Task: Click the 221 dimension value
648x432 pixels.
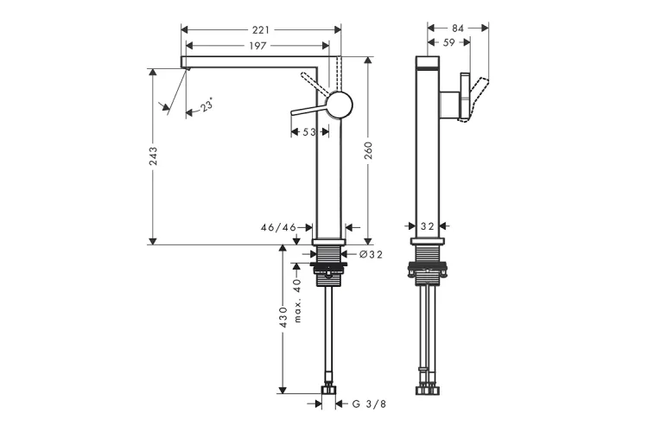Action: point(260,29)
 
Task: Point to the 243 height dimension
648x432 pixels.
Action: point(153,156)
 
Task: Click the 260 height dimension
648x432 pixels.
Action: point(369,151)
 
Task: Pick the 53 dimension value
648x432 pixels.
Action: point(308,132)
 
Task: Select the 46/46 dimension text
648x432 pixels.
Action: point(278,228)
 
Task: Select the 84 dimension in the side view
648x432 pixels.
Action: point(458,28)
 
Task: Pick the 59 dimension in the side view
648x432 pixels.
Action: point(448,41)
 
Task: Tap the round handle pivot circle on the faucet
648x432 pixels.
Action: point(340,105)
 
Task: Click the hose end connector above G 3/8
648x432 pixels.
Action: point(328,392)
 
